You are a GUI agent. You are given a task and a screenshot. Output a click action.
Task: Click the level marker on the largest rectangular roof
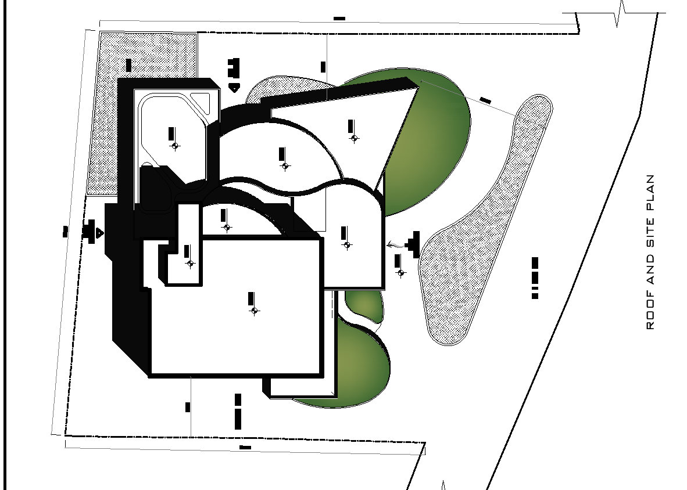254,311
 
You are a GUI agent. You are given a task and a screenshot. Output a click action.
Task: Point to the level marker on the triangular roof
354,138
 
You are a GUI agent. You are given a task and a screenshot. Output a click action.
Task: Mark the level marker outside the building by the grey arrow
400,273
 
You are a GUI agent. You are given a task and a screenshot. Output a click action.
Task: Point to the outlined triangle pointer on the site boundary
100,233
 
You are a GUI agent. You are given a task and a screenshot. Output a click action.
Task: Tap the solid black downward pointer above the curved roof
234,88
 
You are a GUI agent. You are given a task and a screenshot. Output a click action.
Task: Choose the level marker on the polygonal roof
174,146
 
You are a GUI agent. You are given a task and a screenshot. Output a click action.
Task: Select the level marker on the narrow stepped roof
190,263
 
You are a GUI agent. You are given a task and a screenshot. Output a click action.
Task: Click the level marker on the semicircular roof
227,227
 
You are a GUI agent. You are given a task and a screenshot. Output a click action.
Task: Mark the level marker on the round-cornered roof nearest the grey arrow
347,245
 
